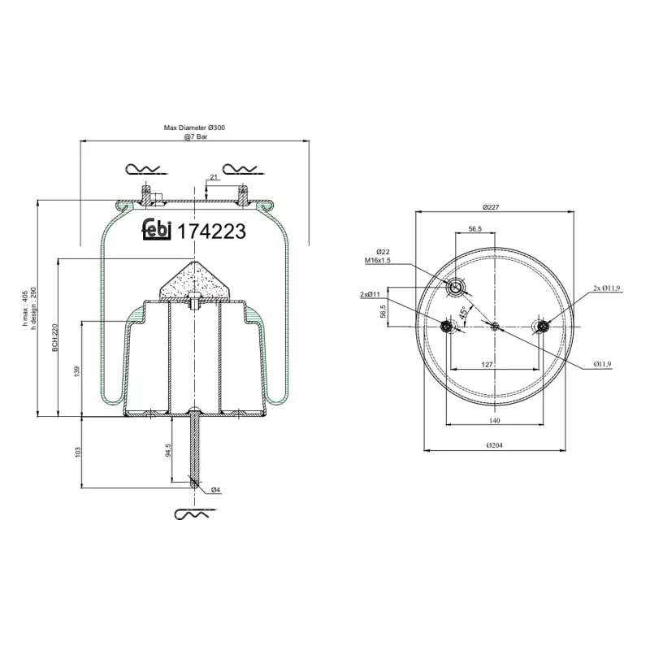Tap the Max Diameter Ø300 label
click(x=195, y=128)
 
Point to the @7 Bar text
click(x=195, y=137)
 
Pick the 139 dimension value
click(x=77, y=370)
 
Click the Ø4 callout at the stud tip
click(x=216, y=489)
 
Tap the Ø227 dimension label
click(x=489, y=206)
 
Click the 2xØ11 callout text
click(x=371, y=293)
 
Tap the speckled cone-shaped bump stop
click(x=195, y=281)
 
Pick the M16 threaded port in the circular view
click(x=456, y=287)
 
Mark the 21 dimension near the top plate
click(x=214, y=176)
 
